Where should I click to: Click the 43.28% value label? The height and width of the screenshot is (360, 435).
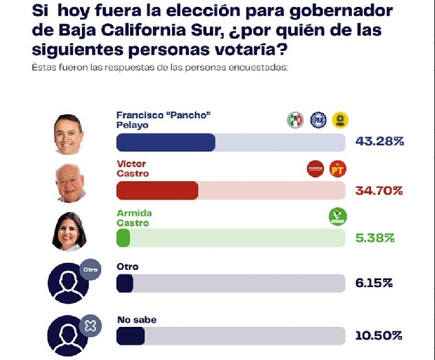(379, 142)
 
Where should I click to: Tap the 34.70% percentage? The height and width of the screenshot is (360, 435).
(379, 190)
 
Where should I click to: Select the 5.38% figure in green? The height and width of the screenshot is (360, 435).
(375, 238)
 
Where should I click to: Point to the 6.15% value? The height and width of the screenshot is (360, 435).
(375, 284)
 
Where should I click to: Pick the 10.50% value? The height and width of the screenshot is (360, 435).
(379, 336)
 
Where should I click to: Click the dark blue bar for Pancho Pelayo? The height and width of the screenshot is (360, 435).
(166, 142)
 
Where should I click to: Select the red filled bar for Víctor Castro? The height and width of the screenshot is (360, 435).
(158, 191)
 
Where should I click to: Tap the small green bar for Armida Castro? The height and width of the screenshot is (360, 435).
(124, 238)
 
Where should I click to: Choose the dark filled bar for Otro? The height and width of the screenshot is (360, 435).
(125, 284)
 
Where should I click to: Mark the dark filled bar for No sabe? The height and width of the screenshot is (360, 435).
(131, 336)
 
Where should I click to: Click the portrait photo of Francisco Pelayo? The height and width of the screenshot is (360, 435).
(69, 134)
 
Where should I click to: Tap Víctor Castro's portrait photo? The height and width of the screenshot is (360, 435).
(70, 182)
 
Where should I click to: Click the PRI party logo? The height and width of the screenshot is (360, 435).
(295, 120)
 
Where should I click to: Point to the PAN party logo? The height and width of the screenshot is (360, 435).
(318, 120)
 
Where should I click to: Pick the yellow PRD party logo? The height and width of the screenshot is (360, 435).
(340, 120)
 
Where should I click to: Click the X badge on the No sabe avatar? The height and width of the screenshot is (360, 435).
(90, 326)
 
